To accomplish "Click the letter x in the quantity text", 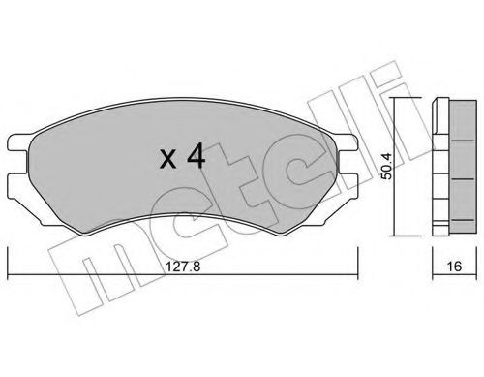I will tap(167, 158).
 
